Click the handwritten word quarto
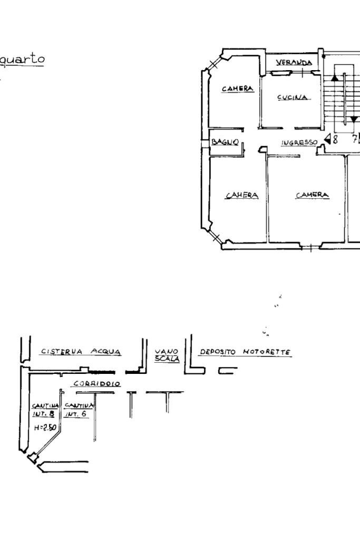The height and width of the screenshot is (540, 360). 22,58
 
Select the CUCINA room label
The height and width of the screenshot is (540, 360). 293,98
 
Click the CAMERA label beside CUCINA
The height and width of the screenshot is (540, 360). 238,89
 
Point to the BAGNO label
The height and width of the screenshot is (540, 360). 226,142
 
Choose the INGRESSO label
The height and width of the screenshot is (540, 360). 299,142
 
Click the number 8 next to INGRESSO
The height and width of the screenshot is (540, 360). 334,139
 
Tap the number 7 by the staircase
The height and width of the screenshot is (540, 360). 355,139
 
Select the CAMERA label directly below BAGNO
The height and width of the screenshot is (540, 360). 242,195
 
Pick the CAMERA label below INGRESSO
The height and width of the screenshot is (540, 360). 313,195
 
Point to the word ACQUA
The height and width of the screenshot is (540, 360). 106,352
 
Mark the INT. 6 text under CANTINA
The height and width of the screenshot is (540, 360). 72,414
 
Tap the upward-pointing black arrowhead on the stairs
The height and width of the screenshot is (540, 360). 335,78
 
